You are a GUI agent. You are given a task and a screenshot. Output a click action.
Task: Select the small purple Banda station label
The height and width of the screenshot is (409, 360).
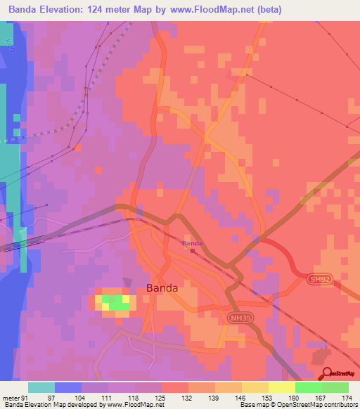pos(193,244)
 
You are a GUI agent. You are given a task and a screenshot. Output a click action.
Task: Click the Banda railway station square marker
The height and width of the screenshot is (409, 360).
pos(193,249)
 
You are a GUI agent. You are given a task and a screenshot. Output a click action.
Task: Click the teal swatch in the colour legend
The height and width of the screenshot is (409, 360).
pos(41,388)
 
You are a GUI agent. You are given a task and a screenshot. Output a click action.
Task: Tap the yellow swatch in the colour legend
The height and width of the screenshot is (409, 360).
pos(281,388)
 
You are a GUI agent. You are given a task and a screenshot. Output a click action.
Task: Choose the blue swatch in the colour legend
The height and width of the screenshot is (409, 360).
pos(68,388)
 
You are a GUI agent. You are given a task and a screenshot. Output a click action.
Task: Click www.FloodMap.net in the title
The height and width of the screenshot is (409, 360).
pos(218,10)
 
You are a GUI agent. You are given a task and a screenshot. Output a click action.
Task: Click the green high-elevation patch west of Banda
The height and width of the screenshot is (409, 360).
pos(112,302)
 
